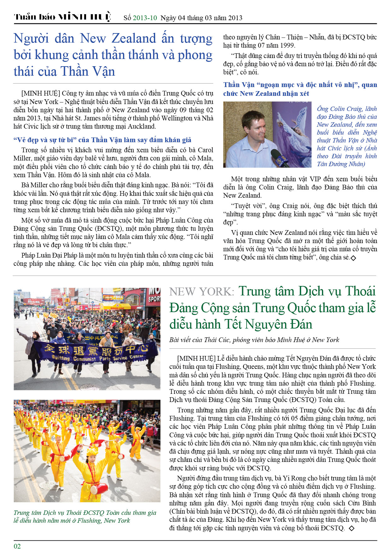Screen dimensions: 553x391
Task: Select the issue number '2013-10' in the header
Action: (x=145, y=18)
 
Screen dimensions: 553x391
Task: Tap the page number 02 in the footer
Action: (x=17, y=546)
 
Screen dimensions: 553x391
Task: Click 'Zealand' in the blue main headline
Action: (x=134, y=38)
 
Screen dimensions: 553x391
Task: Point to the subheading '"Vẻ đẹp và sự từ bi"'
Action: (x=44, y=140)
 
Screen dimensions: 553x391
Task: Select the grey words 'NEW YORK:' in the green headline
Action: (x=201, y=292)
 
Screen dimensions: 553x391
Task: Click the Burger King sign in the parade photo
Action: (x=120, y=306)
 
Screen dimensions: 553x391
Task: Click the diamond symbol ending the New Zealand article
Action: (x=353, y=258)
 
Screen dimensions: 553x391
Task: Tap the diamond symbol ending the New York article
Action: (x=352, y=528)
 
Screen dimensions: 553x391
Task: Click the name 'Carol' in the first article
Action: (x=205, y=150)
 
